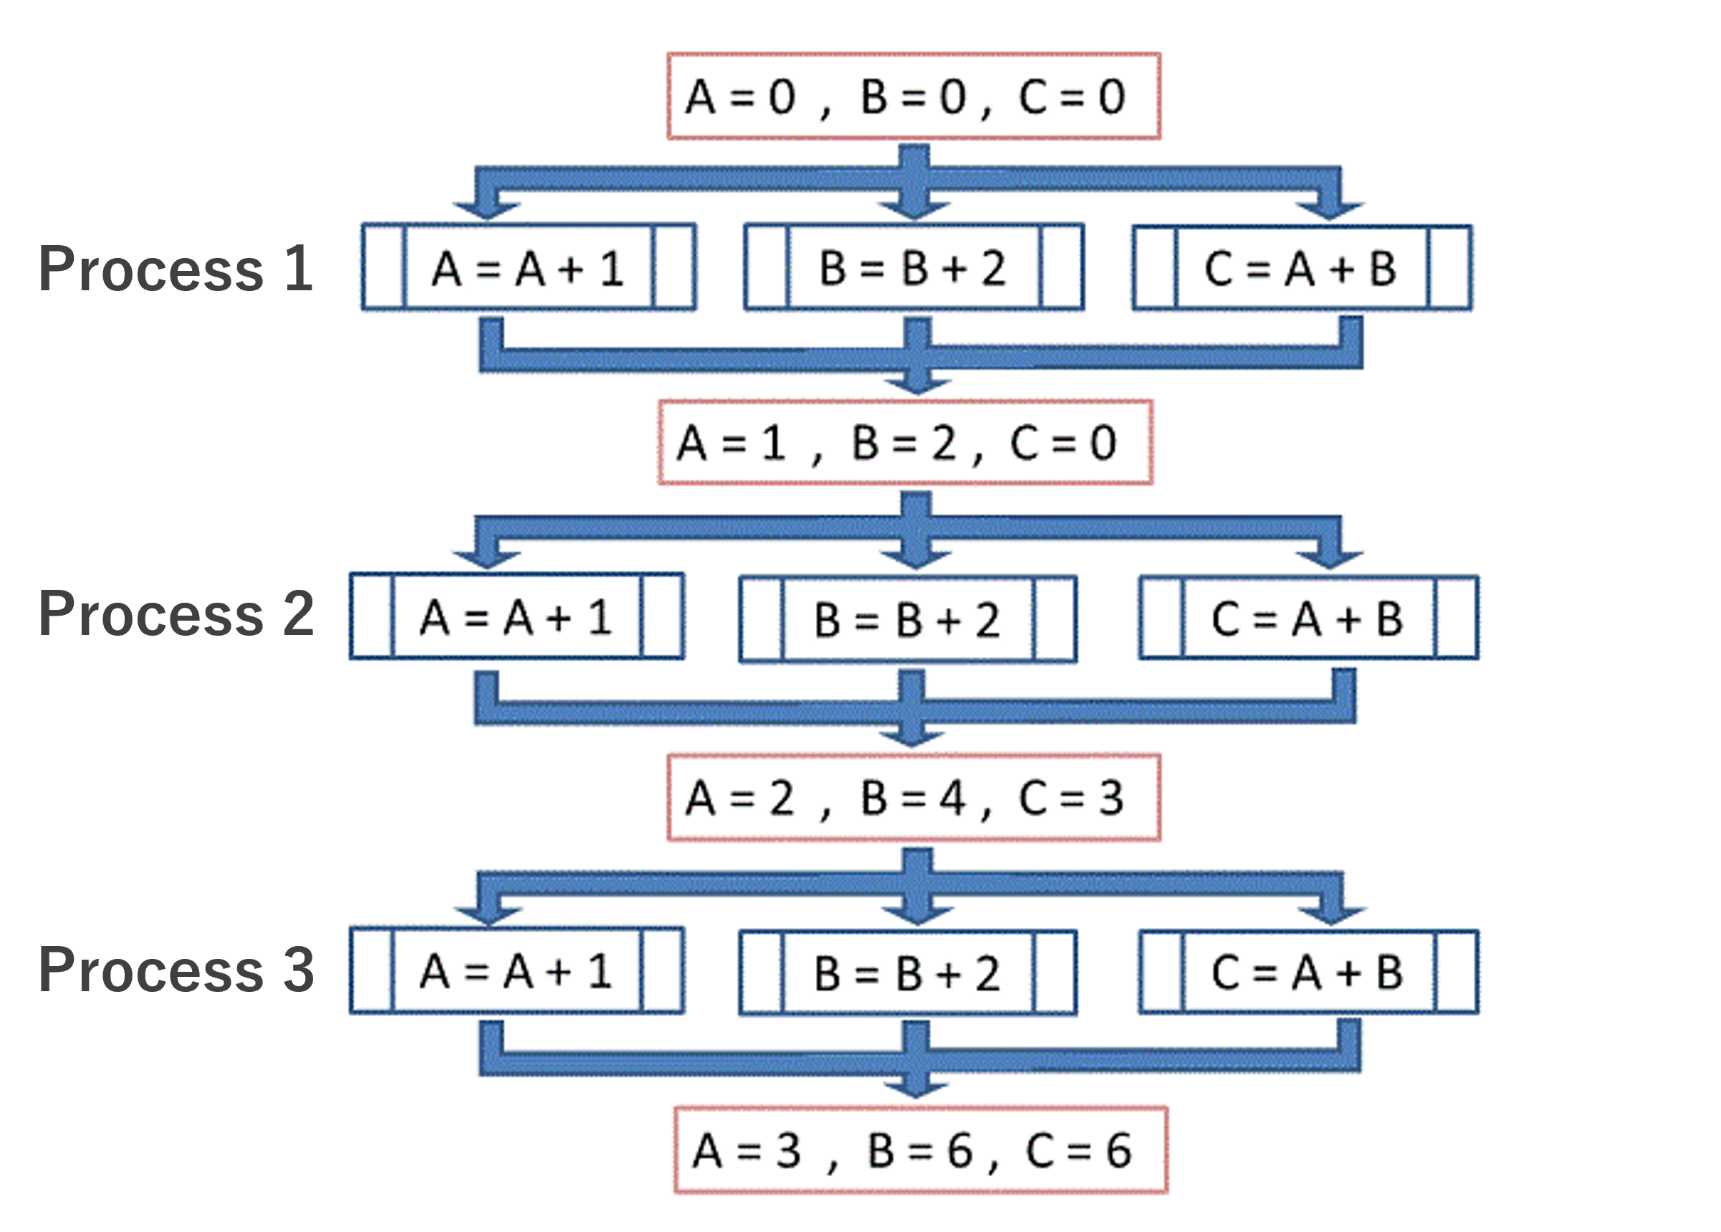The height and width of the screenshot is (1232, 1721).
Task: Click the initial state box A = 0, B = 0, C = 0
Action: (x=914, y=96)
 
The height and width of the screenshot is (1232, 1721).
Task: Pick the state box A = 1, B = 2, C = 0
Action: (x=905, y=443)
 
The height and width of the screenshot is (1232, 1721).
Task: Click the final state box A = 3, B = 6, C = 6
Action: (x=920, y=1151)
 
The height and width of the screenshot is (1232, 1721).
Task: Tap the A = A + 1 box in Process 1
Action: (x=529, y=268)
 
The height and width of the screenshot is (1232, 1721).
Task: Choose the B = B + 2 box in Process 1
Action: (x=914, y=268)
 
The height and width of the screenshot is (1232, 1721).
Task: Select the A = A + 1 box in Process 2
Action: (x=517, y=617)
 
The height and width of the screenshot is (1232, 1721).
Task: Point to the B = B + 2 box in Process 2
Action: (x=907, y=620)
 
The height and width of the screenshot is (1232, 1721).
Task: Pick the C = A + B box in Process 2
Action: (x=1308, y=619)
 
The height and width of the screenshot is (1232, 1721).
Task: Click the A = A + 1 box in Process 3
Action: (x=517, y=970)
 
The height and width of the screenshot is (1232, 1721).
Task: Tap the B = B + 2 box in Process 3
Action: (x=907, y=973)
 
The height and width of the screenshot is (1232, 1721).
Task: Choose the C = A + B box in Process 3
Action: (x=1308, y=972)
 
